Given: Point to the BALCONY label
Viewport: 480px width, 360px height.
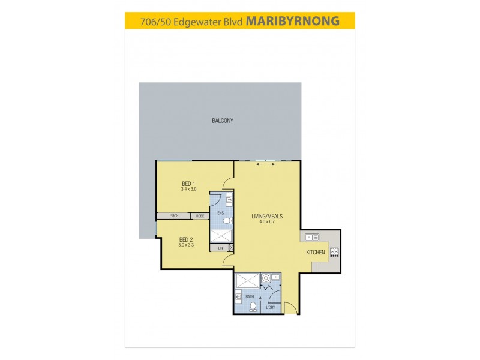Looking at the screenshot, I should (222, 121).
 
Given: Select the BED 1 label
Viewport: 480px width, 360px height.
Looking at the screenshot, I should (188, 184).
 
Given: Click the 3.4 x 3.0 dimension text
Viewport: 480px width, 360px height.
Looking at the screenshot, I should (188, 190).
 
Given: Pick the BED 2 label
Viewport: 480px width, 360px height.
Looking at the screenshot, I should (185, 239).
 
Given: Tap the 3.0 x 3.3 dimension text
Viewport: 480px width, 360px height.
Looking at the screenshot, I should (185, 245).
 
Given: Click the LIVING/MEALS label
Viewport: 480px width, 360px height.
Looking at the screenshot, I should (267, 217).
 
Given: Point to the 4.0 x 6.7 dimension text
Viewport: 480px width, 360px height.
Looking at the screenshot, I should (267, 223).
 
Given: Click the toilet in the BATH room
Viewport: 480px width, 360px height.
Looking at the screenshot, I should (253, 306).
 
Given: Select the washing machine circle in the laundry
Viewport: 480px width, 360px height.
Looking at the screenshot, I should (265, 278).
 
